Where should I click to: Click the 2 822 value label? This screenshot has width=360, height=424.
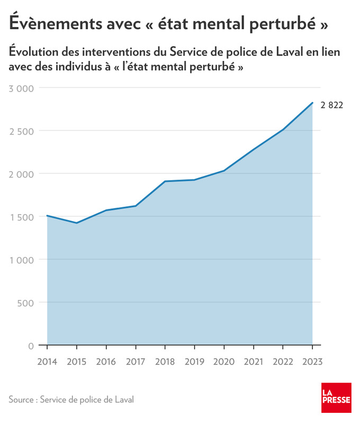coord(332,105)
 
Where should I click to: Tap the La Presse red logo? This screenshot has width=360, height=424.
coord(336,397)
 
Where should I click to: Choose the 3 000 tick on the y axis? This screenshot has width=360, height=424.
coord(22,88)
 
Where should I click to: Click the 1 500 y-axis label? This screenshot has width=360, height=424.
coord(22,217)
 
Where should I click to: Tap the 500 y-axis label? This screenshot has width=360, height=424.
coord(26,303)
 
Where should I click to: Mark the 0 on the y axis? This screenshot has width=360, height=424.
coord(31,346)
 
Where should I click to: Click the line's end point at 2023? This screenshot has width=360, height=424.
coord(312,103)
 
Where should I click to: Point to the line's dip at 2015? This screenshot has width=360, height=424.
coord(77,223)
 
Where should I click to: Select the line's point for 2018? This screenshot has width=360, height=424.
coord(165,181)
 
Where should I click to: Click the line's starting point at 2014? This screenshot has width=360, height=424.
coord(47,216)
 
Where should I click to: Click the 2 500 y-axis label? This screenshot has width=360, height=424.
coord(22,131)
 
